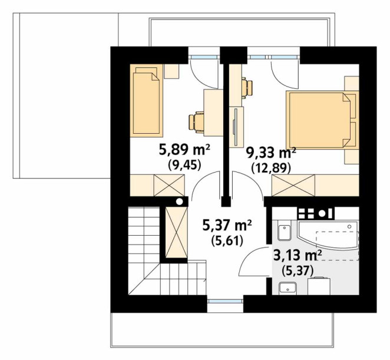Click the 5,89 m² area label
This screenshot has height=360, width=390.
pyautogui.click(x=184, y=150)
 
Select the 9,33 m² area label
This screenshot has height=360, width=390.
pyautogui.click(x=271, y=153)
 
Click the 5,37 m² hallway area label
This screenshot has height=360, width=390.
pyautogui.click(x=227, y=226)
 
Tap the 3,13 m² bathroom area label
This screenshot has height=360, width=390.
pyautogui.click(x=298, y=255)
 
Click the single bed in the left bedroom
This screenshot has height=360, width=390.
pyautogui.click(x=147, y=101)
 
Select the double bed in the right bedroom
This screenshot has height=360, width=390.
pyautogui.click(x=322, y=120)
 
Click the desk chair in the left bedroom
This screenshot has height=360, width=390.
pyautogui.click(x=197, y=121)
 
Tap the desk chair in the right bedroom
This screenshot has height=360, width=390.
pyautogui.click(x=247, y=88)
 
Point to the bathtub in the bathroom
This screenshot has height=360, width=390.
pyautogui.click(x=328, y=235)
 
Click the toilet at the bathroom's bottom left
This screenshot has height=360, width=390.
pyautogui.click(x=287, y=288)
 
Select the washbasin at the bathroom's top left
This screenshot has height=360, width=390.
pyautogui.click(x=285, y=233)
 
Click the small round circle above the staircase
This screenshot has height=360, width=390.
pyautogui.click(x=179, y=202)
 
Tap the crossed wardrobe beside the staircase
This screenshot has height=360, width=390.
pyautogui.click(x=176, y=232)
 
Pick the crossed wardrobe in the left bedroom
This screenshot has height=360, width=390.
pyautogui.click(x=169, y=186)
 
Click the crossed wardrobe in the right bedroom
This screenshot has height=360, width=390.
pyautogui.click(x=293, y=186)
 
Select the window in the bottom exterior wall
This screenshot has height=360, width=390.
pyautogui.click(x=226, y=301)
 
